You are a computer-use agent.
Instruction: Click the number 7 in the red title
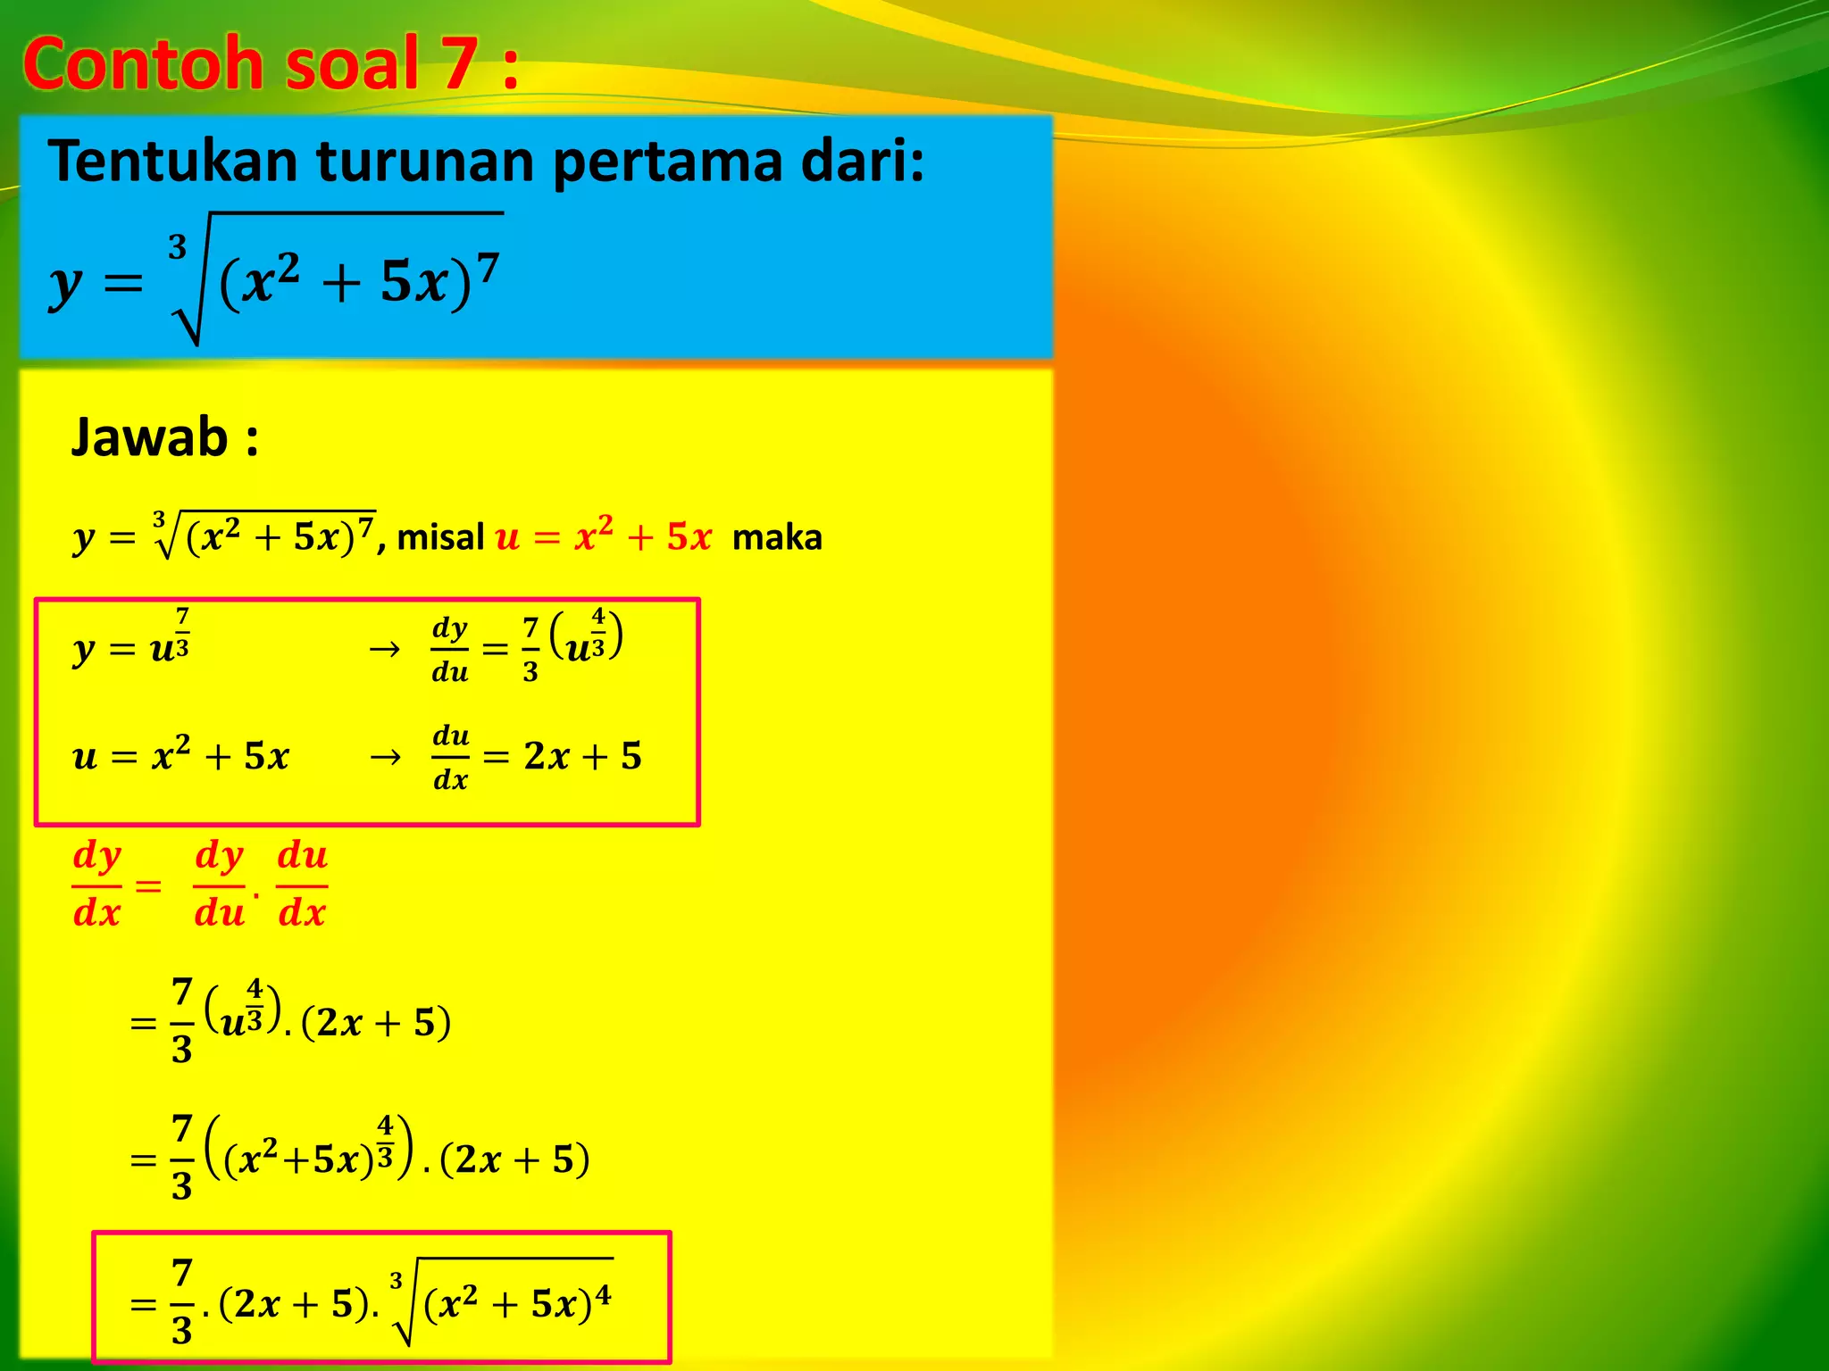457,64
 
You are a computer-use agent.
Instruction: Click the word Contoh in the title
143,64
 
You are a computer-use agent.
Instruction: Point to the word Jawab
150,437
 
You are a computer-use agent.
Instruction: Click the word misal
440,537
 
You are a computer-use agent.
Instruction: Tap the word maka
777,537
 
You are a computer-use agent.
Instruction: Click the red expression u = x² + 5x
604,536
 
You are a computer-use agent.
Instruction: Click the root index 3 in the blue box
178,246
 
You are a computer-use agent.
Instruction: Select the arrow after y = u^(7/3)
385,649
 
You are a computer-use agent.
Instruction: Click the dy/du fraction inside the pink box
449,649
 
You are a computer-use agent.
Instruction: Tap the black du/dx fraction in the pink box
450,758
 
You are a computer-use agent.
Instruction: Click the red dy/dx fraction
96,885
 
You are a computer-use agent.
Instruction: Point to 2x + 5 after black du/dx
582,756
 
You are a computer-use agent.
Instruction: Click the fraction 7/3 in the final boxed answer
181,1301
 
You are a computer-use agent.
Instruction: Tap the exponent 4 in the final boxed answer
604,1293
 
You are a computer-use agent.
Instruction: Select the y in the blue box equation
64,286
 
